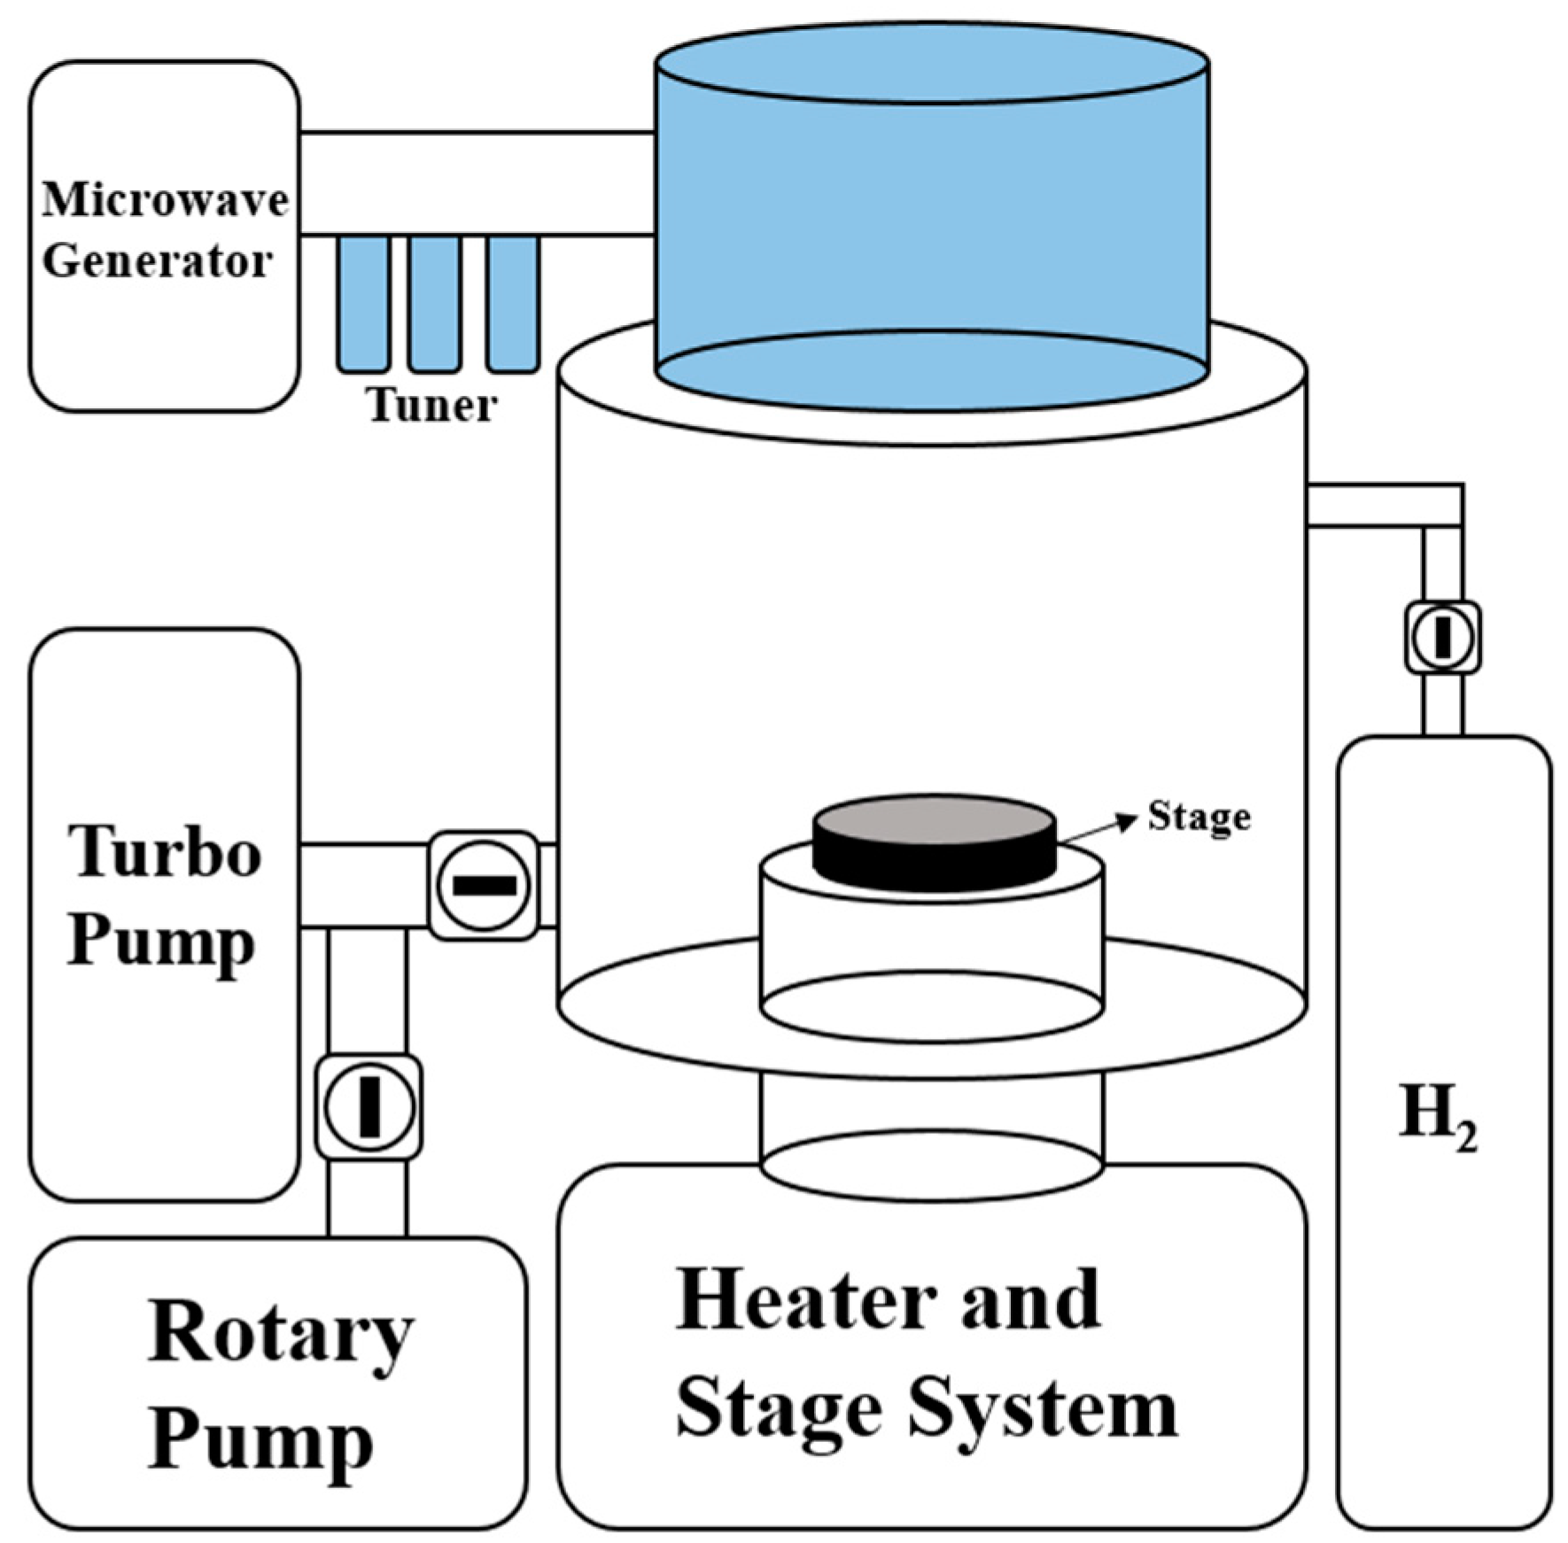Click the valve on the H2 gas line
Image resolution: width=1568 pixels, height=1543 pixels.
pos(1442,637)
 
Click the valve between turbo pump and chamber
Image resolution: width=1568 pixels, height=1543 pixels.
pos(484,885)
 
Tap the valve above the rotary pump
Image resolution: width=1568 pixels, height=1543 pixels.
pos(369,1106)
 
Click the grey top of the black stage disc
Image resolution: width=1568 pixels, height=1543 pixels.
pos(934,819)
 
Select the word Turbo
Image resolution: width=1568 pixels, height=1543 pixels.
pos(165,852)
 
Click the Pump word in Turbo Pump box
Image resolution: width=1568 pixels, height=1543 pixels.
pos(161,942)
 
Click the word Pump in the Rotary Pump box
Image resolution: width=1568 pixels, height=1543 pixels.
pos(260,1439)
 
